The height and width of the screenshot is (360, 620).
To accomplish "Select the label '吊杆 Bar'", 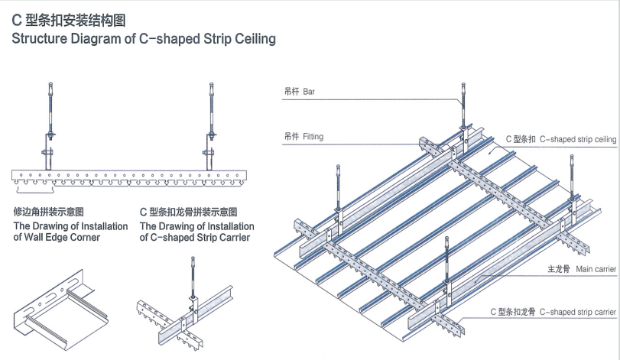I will pyautogui.click(x=299, y=92).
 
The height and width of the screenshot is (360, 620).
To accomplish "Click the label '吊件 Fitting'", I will pyautogui.click(x=304, y=137).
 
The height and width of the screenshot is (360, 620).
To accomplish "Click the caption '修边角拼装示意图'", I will pyautogui.click(x=48, y=212).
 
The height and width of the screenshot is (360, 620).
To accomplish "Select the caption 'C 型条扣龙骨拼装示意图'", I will pyautogui.click(x=188, y=212).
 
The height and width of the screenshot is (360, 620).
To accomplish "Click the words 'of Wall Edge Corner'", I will pyautogui.click(x=57, y=238).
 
